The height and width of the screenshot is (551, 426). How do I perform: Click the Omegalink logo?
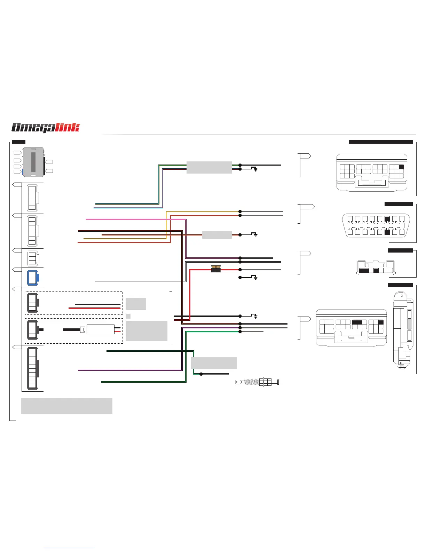tap(46, 128)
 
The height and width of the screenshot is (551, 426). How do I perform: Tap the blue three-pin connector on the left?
tap(33, 278)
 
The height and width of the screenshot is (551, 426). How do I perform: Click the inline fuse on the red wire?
tap(216, 269)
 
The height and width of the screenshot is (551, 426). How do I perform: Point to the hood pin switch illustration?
tap(258, 382)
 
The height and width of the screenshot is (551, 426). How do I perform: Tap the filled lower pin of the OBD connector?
tap(387, 232)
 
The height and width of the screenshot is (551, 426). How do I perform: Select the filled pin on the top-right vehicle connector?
tap(401, 167)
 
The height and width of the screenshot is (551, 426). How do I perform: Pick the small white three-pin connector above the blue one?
tap(33, 258)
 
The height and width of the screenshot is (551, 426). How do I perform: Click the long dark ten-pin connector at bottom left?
tap(33, 368)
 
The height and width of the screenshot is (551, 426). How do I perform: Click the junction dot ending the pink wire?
tap(240, 258)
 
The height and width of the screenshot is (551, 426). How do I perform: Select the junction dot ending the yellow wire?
tap(240, 211)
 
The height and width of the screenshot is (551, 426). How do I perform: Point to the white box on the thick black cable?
tap(100, 329)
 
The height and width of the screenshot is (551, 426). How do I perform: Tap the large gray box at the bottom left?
tap(66, 406)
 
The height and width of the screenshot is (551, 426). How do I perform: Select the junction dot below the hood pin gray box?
tap(201, 374)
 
